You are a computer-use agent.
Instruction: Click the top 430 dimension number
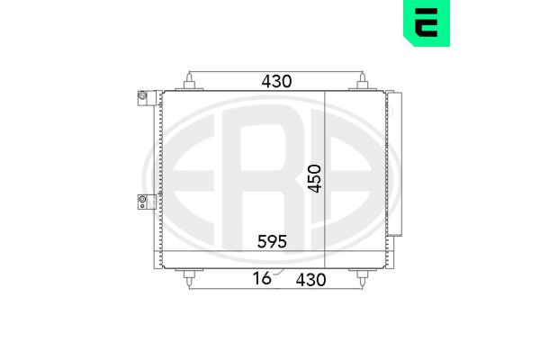(276, 81)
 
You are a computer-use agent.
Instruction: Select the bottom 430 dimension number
(310, 280)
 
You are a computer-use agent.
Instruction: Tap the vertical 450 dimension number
(314, 178)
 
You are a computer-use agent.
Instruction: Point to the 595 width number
(272, 241)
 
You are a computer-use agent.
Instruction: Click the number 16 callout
(262, 278)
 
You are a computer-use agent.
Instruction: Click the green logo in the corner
(427, 22)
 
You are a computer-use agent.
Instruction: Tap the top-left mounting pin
(189, 81)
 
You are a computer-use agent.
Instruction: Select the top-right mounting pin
(362, 81)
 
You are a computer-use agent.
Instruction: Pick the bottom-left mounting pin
(189, 278)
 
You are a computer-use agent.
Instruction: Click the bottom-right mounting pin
(362, 278)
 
